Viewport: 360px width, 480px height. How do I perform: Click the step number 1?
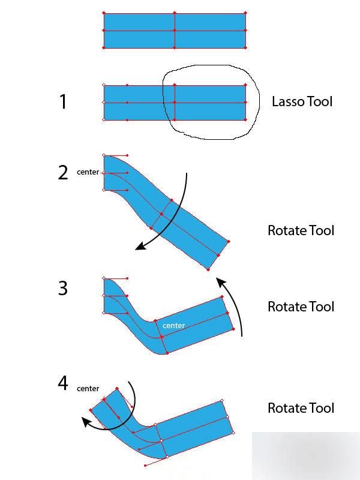[x=63, y=102]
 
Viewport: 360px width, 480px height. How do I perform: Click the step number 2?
[x=63, y=173]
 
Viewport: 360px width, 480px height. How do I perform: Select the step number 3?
[x=63, y=289]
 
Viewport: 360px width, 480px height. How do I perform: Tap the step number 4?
[x=63, y=383]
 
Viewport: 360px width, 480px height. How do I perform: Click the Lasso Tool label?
[x=302, y=101]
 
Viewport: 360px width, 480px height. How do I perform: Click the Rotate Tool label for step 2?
[x=301, y=230]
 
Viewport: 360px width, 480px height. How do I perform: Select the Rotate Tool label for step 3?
[x=301, y=307]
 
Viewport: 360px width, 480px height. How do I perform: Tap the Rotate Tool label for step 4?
[x=301, y=408]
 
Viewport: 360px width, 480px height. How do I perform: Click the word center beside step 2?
[x=88, y=172]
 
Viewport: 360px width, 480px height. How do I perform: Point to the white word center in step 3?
[x=173, y=326]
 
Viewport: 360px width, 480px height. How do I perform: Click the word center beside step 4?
[x=88, y=389]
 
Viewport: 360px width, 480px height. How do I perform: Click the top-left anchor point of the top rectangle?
[x=104, y=13]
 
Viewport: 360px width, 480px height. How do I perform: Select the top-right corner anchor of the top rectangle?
[x=246, y=13]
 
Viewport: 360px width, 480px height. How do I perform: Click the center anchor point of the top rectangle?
[x=175, y=31]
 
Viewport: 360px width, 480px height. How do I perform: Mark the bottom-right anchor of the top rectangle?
[x=246, y=47]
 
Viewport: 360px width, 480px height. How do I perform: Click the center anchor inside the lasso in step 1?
[x=175, y=103]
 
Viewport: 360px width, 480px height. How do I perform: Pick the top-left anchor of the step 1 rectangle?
[x=104, y=85]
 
